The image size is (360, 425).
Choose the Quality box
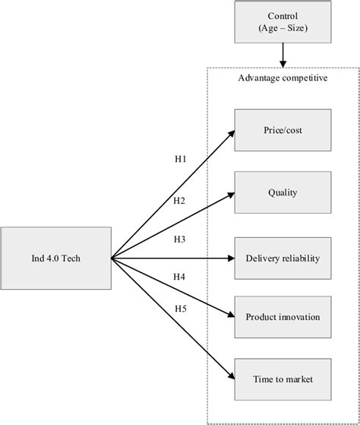point(283,193)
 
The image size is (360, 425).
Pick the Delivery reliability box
point(283,258)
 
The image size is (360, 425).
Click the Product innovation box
point(283,316)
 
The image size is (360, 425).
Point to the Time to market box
point(283,379)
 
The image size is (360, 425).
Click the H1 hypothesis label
point(180,160)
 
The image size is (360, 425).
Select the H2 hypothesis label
point(180,201)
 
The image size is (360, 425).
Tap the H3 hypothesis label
point(180,240)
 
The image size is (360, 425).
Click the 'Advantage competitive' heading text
point(283,80)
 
